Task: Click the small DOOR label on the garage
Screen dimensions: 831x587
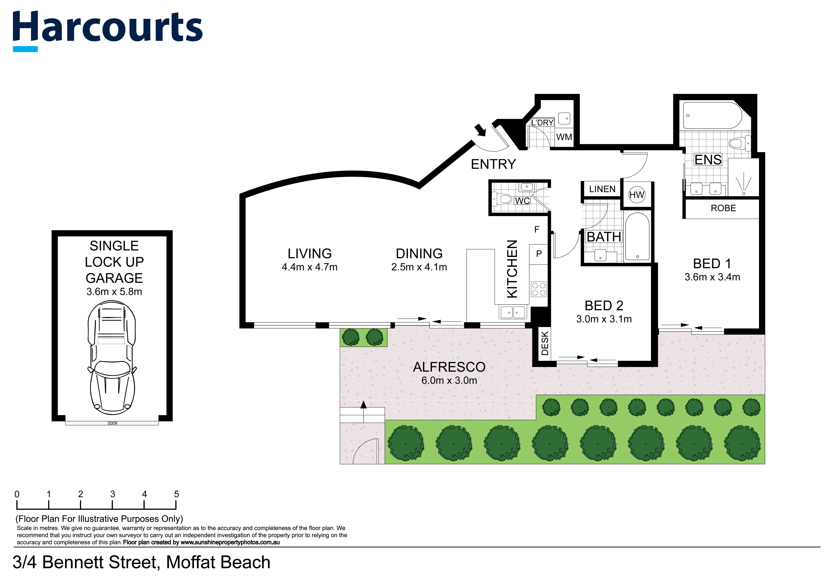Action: [x=113, y=423]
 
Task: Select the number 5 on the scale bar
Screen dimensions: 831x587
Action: [x=177, y=494]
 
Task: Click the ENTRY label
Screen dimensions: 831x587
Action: [x=493, y=164]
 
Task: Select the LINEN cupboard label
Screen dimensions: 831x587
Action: [x=602, y=189]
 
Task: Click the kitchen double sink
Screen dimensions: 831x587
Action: [x=512, y=312]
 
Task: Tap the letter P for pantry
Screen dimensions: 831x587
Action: [x=539, y=254]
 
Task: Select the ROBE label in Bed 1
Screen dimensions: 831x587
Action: [x=723, y=208]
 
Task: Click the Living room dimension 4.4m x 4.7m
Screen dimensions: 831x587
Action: [x=309, y=267]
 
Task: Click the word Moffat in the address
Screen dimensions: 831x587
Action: [x=190, y=562]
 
